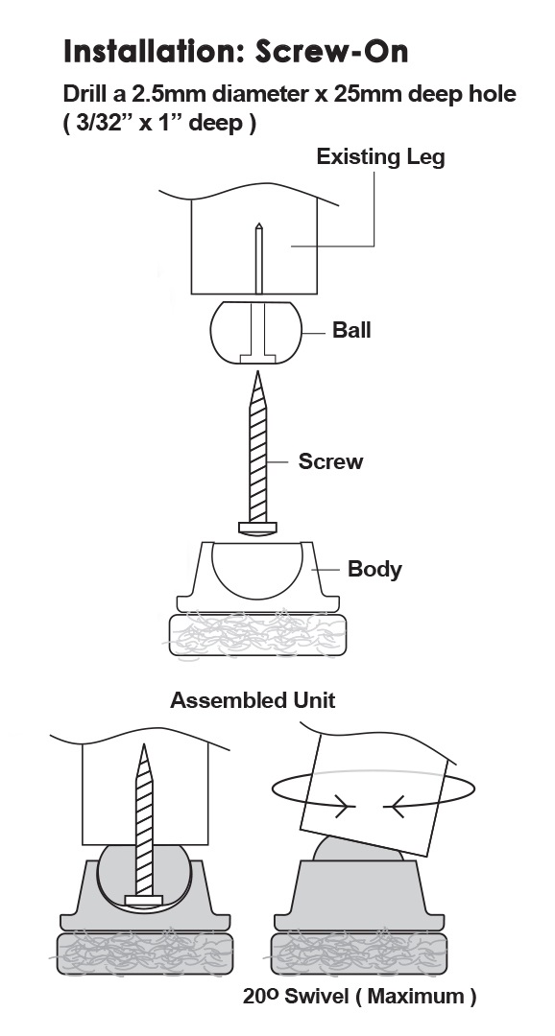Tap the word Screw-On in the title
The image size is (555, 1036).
pyautogui.click(x=332, y=51)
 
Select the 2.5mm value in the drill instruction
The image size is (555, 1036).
pyautogui.click(x=169, y=94)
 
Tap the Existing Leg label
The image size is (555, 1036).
pyautogui.click(x=380, y=157)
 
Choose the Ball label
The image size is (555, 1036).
pyautogui.click(x=351, y=330)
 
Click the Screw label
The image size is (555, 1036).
pyautogui.click(x=330, y=461)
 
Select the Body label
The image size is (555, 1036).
pyautogui.click(x=374, y=569)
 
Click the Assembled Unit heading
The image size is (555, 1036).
pyautogui.click(x=253, y=700)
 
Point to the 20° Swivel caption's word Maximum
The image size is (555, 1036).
pyautogui.click(x=417, y=997)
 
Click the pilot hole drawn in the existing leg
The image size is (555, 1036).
pyautogui.click(x=258, y=258)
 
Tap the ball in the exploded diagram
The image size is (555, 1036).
pyautogui.click(x=256, y=332)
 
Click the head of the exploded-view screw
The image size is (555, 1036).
pyautogui.click(x=257, y=528)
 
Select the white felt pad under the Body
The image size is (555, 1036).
pyautogui.click(x=257, y=634)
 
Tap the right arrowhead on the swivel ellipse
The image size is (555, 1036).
pyautogui.click(x=394, y=807)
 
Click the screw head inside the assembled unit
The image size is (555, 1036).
pyautogui.click(x=143, y=900)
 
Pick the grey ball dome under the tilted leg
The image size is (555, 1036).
pyautogui.click(x=358, y=849)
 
